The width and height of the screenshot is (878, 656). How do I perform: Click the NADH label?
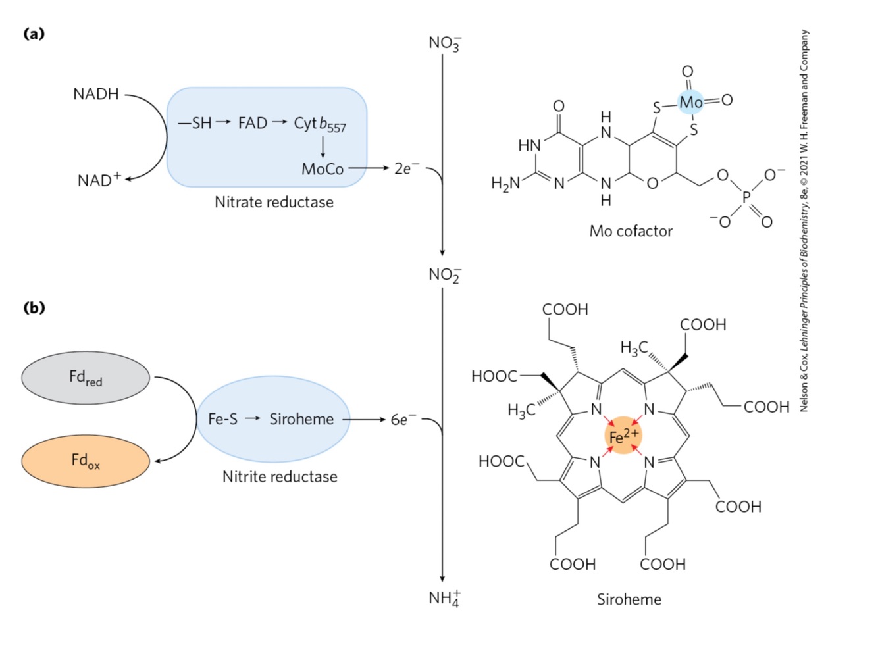(x=96, y=94)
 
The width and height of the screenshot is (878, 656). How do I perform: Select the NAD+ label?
(x=99, y=180)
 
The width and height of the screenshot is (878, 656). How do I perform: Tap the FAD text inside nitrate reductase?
(x=253, y=123)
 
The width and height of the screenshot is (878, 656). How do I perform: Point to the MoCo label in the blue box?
(x=323, y=169)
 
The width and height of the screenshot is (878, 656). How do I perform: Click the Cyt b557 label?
(x=320, y=124)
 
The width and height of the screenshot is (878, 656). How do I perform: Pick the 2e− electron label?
(x=406, y=168)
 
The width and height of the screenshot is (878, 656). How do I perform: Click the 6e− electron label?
(x=403, y=420)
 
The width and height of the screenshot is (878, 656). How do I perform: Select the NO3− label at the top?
(x=445, y=43)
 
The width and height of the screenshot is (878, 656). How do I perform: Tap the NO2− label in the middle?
(x=445, y=275)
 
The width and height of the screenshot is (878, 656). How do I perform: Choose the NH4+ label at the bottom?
(x=445, y=598)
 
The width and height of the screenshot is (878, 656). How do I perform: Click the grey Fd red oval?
(x=86, y=378)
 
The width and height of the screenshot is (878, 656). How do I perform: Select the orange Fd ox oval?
(x=86, y=461)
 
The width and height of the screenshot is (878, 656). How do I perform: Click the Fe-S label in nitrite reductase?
(x=222, y=419)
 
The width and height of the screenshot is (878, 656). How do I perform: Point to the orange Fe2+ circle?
(x=623, y=436)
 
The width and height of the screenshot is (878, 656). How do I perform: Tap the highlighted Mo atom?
(x=690, y=102)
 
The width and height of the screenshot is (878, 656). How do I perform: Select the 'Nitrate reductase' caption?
(x=274, y=202)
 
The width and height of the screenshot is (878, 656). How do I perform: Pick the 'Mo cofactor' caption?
(x=631, y=231)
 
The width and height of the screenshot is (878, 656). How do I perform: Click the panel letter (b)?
(x=34, y=307)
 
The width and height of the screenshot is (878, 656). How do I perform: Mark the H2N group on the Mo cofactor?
(x=505, y=184)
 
